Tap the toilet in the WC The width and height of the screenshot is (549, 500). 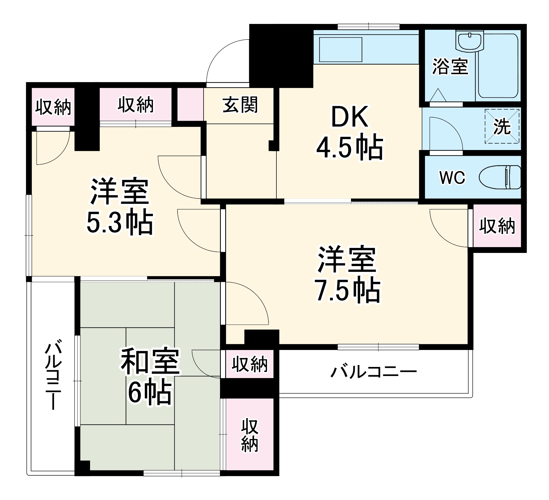(500, 177)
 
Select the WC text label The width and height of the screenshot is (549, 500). (452, 177)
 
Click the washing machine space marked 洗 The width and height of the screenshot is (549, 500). (502, 126)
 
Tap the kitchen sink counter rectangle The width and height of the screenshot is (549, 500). (340, 49)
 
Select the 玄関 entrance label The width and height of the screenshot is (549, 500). (240, 105)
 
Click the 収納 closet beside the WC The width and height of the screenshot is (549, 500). (497, 226)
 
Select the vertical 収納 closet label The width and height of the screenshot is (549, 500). (249, 435)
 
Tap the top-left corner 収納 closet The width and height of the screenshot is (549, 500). (53, 107)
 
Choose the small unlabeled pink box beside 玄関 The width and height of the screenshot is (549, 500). (190, 104)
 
